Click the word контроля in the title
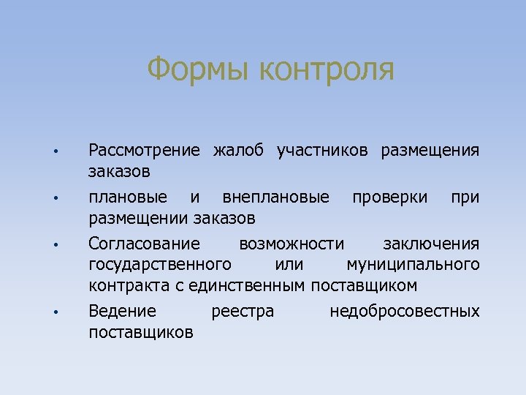point(327,70)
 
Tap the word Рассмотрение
point(143,151)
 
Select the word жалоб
point(238,151)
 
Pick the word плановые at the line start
point(127,197)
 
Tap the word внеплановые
point(275,197)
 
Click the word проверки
point(391,197)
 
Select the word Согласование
point(143,244)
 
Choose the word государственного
point(160,263)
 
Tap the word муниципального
point(413,263)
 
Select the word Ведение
point(122,312)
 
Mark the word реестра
point(243,312)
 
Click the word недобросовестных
point(405,312)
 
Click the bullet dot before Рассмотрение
point(55,152)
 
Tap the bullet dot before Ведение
point(55,313)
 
